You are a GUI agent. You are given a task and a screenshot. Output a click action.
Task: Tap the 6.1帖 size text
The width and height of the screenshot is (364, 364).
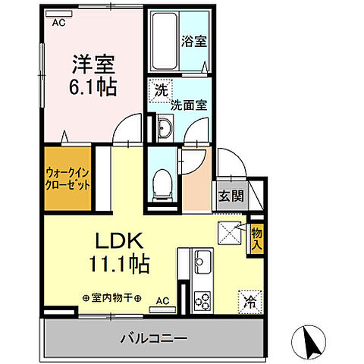point(94,87)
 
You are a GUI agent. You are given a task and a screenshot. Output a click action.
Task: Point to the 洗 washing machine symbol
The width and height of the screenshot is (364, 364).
point(160,89)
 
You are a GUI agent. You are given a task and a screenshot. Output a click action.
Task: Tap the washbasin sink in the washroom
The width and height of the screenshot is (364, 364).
point(165,128)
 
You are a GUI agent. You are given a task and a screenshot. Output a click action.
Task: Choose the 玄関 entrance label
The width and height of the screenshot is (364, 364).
point(232,196)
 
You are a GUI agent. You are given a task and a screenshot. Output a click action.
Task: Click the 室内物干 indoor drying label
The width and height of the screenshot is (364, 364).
point(112,298)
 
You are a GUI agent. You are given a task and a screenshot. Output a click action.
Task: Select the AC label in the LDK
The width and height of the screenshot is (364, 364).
point(162,300)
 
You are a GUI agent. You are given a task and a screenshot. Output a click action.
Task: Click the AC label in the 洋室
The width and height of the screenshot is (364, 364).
point(58,24)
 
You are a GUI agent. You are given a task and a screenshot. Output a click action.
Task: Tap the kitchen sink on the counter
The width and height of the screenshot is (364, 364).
point(202,263)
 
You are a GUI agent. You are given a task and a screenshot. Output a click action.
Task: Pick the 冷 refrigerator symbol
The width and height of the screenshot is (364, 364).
point(250,300)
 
